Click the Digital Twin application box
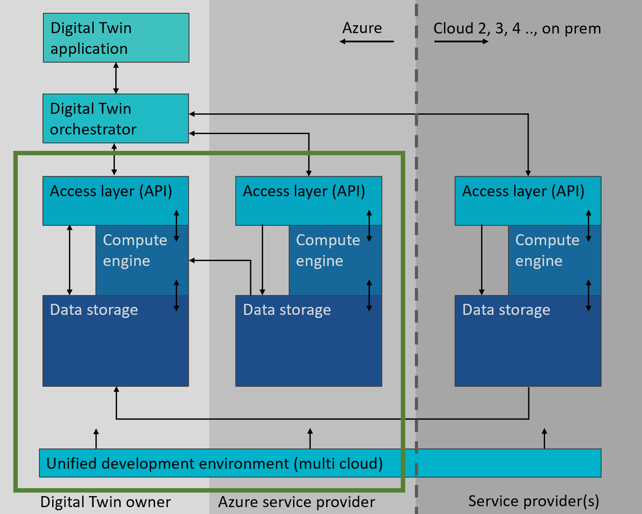[116, 38]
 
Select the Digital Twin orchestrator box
[116, 118]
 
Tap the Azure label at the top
[362, 28]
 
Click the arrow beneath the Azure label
[366, 41]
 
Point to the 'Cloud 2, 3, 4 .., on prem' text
[517, 28]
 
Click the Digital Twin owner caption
[106, 502]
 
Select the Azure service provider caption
[296, 502]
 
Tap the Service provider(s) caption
[534, 501]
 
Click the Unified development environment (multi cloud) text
[215, 463]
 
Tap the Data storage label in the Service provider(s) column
[506, 310]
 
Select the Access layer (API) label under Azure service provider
[304, 191]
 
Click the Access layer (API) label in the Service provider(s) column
[523, 191]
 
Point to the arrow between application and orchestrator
[116, 78]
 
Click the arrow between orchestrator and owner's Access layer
[114, 159]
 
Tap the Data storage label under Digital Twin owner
[94, 310]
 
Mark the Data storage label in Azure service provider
[287, 310]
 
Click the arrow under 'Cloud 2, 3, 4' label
[461, 41]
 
